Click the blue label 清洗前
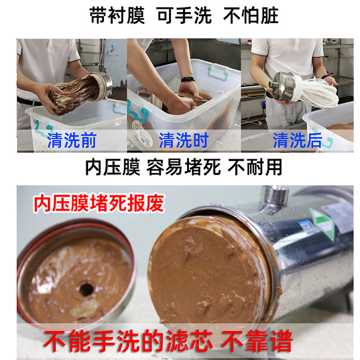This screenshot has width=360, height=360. [x=72, y=140]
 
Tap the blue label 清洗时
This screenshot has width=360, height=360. [x=184, y=140]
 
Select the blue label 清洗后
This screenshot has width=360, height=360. [x=297, y=140]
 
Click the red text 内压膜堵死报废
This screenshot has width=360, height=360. [x=99, y=203]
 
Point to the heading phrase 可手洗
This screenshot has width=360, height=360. [x=184, y=16]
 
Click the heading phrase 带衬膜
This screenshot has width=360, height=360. [x=117, y=16]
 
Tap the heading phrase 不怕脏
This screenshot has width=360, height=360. [x=251, y=16]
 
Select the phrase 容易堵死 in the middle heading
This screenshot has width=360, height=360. [x=184, y=167]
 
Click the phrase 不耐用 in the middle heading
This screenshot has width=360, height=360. [x=255, y=167]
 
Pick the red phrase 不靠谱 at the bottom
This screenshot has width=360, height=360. [x=257, y=341]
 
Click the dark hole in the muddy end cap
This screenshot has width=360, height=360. [x=86, y=289]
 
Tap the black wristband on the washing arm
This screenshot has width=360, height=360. [x=188, y=80]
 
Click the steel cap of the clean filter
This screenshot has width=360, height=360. [x=283, y=86]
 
